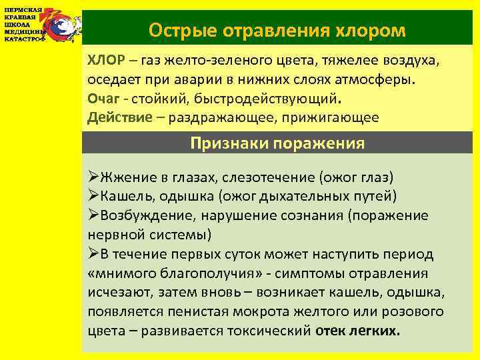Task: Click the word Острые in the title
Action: click(x=176, y=30)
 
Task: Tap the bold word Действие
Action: click(x=116, y=117)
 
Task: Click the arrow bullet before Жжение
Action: click(x=94, y=177)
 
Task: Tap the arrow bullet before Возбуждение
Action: click(x=94, y=215)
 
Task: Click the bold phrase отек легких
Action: click(x=358, y=331)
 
